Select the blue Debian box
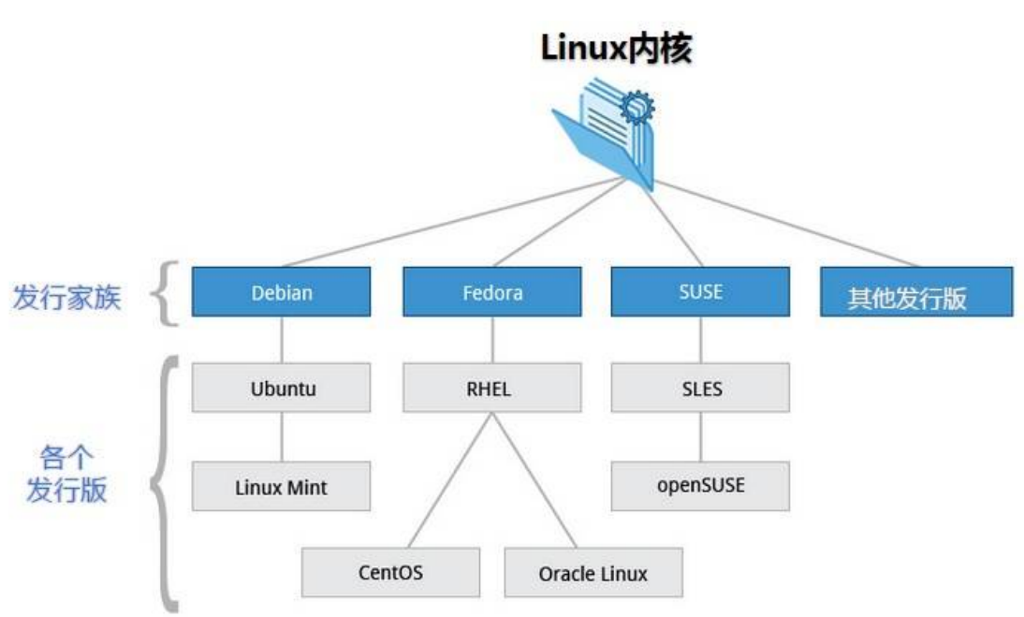tap(282, 292)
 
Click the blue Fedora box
tap(492, 292)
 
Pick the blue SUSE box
tap(700, 291)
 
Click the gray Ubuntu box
tap(282, 388)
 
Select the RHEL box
tap(492, 388)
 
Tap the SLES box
tap(700, 387)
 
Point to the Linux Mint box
tap(282, 487)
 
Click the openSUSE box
tap(700, 485)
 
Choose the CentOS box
tap(390, 572)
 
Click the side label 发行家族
tap(66, 299)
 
